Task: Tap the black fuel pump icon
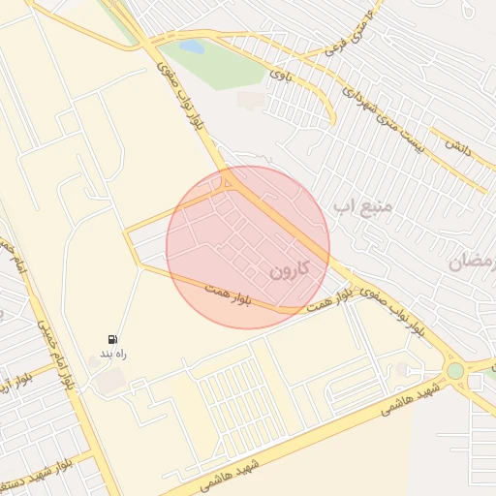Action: [x=113, y=340]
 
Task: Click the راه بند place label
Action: [x=113, y=356]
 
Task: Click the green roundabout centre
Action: [x=455, y=370]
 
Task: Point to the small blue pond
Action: [x=192, y=46]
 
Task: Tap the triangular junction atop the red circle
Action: [x=230, y=182]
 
